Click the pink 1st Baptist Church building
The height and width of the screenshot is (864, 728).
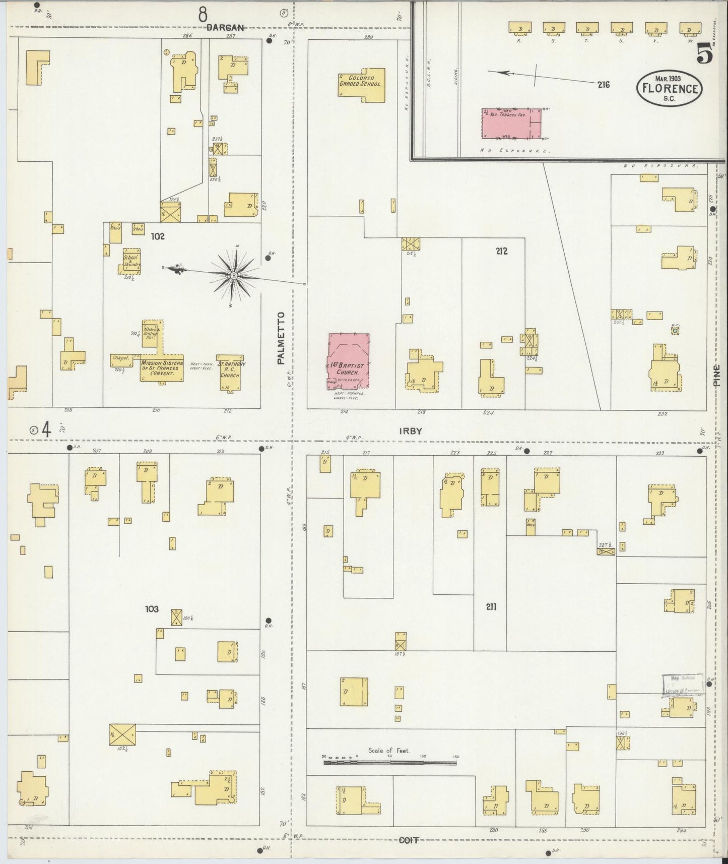tap(349, 360)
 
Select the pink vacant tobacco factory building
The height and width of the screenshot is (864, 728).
tap(511, 123)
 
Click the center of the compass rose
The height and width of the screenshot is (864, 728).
tap(234, 276)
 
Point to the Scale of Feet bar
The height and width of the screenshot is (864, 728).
tap(389, 763)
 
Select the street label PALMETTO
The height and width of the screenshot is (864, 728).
tap(281, 337)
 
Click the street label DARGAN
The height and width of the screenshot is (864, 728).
tap(225, 28)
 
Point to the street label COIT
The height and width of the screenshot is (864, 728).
tap(409, 840)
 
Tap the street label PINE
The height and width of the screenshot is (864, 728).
tap(716, 376)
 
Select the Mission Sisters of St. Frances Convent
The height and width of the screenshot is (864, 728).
tap(161, 364)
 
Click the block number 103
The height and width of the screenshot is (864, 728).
tap(152, 609)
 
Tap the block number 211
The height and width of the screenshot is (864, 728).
tap(491, 607)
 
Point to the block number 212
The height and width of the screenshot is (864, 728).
tap(501, 251)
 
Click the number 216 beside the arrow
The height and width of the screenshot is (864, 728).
tap(604, 85)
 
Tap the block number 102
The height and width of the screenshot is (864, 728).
tap(158, 236)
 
